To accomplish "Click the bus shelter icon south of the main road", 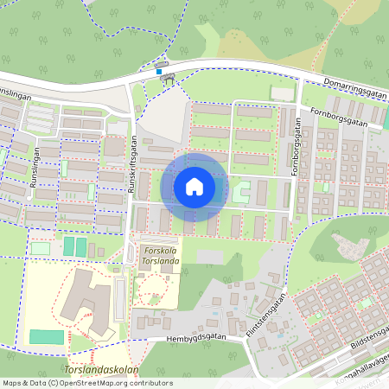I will click(x=167, y=80).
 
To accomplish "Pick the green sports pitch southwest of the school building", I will click(x=47, y=336).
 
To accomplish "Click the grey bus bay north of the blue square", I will click(x=161, y=64).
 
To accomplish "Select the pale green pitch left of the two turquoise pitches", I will click(x=41, y=248).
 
